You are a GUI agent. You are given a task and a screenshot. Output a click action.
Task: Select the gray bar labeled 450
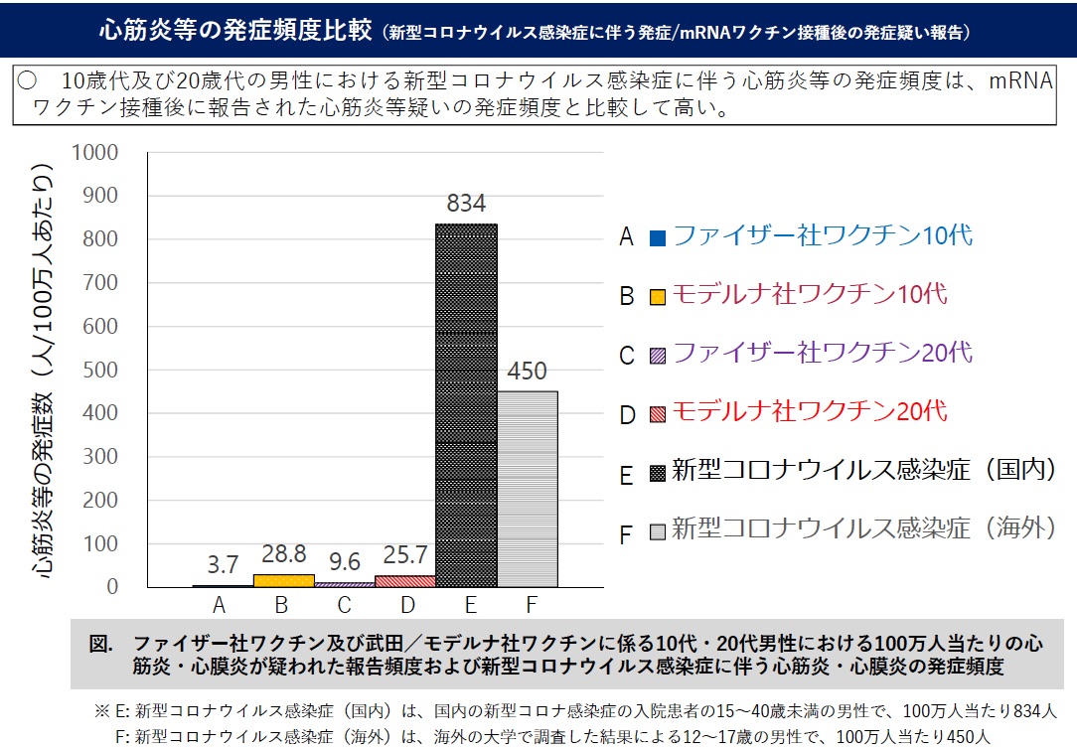coord(528,489)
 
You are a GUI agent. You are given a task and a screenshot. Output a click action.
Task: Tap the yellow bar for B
coord(283,580)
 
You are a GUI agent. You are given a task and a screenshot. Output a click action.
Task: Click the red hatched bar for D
coord(405,581)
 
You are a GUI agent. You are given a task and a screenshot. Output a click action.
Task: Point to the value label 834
coord(466,204)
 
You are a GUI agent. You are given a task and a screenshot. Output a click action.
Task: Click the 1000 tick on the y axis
coord(95,152)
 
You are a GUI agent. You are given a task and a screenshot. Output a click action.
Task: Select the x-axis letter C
coord(344,603)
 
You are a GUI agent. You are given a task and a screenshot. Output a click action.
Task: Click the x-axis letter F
coord(528,603)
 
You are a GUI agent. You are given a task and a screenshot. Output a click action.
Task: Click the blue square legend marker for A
coord(657,237)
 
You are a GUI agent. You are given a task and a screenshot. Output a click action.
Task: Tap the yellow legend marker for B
coord(657,295)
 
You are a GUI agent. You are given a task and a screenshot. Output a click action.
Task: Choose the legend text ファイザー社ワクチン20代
coord(823,352)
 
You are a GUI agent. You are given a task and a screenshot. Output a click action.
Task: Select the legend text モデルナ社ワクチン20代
coord(810,410)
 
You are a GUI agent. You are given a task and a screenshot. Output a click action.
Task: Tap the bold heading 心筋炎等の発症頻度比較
coord(234,29)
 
